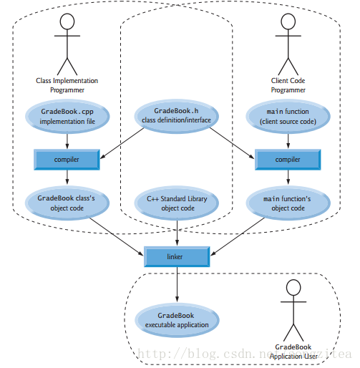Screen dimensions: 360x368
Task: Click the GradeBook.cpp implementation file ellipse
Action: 67,117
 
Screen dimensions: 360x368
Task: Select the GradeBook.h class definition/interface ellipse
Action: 176,116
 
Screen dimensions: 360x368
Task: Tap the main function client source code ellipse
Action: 288,117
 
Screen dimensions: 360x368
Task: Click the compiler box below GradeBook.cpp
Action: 67,160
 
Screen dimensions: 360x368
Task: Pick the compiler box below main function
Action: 288,160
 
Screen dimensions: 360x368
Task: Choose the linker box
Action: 177,256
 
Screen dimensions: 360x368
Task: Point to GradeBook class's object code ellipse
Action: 67,203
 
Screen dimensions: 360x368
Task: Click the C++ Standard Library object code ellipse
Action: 177,203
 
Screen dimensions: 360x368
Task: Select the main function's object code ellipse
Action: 288,203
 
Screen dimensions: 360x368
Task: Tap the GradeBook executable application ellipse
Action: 177,320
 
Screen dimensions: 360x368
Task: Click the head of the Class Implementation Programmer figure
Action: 67,21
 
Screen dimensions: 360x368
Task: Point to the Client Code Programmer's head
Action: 288,21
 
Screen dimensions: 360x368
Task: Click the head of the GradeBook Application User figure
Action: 293,287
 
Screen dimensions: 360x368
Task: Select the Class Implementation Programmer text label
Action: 67,85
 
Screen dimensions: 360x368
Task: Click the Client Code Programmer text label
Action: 288,85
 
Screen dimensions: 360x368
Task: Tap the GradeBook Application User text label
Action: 293,352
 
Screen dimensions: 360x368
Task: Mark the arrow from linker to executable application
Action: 177,284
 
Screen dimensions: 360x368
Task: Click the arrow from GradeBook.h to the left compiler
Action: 122,143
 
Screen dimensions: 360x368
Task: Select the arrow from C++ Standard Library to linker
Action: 177,233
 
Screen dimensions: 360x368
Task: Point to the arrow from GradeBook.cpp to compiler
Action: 67,142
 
